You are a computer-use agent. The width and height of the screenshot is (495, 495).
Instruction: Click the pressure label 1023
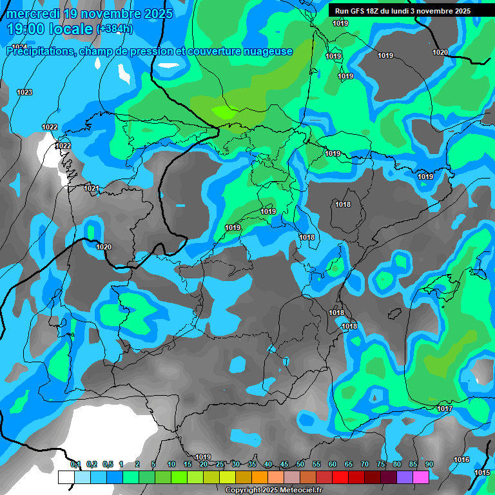click(24, 93)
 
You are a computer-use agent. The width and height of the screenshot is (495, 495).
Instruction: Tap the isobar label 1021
click(92, 189)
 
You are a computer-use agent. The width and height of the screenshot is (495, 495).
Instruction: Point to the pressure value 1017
click(444, 409)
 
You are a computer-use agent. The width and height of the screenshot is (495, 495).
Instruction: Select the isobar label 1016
click(461, 460)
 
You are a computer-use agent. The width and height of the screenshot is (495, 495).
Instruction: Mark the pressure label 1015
click(482, 472)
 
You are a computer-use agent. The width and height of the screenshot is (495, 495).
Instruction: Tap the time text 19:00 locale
click(49, 29)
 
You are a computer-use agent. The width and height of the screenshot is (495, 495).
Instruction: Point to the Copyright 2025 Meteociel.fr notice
click(274, 490)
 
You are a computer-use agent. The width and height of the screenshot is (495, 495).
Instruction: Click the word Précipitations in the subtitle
click(40, 52)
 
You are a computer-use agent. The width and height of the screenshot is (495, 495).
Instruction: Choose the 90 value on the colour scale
click(429, 464)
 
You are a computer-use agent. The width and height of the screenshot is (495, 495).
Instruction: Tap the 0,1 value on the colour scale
click(75, 464)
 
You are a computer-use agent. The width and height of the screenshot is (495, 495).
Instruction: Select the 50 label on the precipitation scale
click(300, 464)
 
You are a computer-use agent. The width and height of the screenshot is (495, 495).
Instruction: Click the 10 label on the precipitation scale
click(171, 464)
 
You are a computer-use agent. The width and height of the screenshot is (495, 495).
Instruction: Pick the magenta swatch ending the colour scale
click(421, 477)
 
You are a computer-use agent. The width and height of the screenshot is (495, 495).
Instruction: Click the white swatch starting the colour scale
click(66, 477)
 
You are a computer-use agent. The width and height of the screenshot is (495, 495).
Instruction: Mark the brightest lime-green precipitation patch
click(224, 112)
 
